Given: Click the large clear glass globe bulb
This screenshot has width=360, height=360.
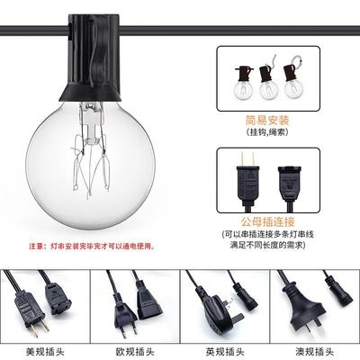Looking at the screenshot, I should coord(90,166).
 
